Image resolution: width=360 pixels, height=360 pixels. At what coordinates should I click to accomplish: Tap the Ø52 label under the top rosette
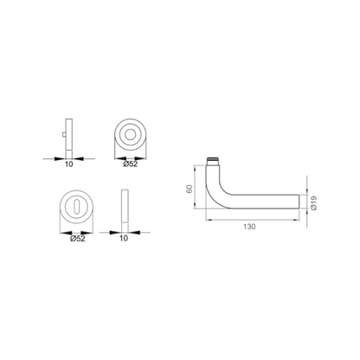point(132,162)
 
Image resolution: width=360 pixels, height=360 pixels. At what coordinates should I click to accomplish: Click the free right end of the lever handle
point(300,201)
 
